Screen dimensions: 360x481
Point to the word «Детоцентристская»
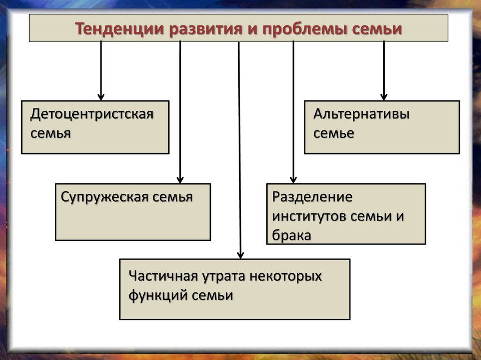pyautogui.click(x=92, y=114)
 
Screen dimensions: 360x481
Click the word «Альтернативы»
pyautogui.click(x=361, y=114)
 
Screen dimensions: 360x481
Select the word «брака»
pyautogui.click(x=292, y=236)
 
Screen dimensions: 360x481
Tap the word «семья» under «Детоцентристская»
pyautogui.click(x=51, y=134)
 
